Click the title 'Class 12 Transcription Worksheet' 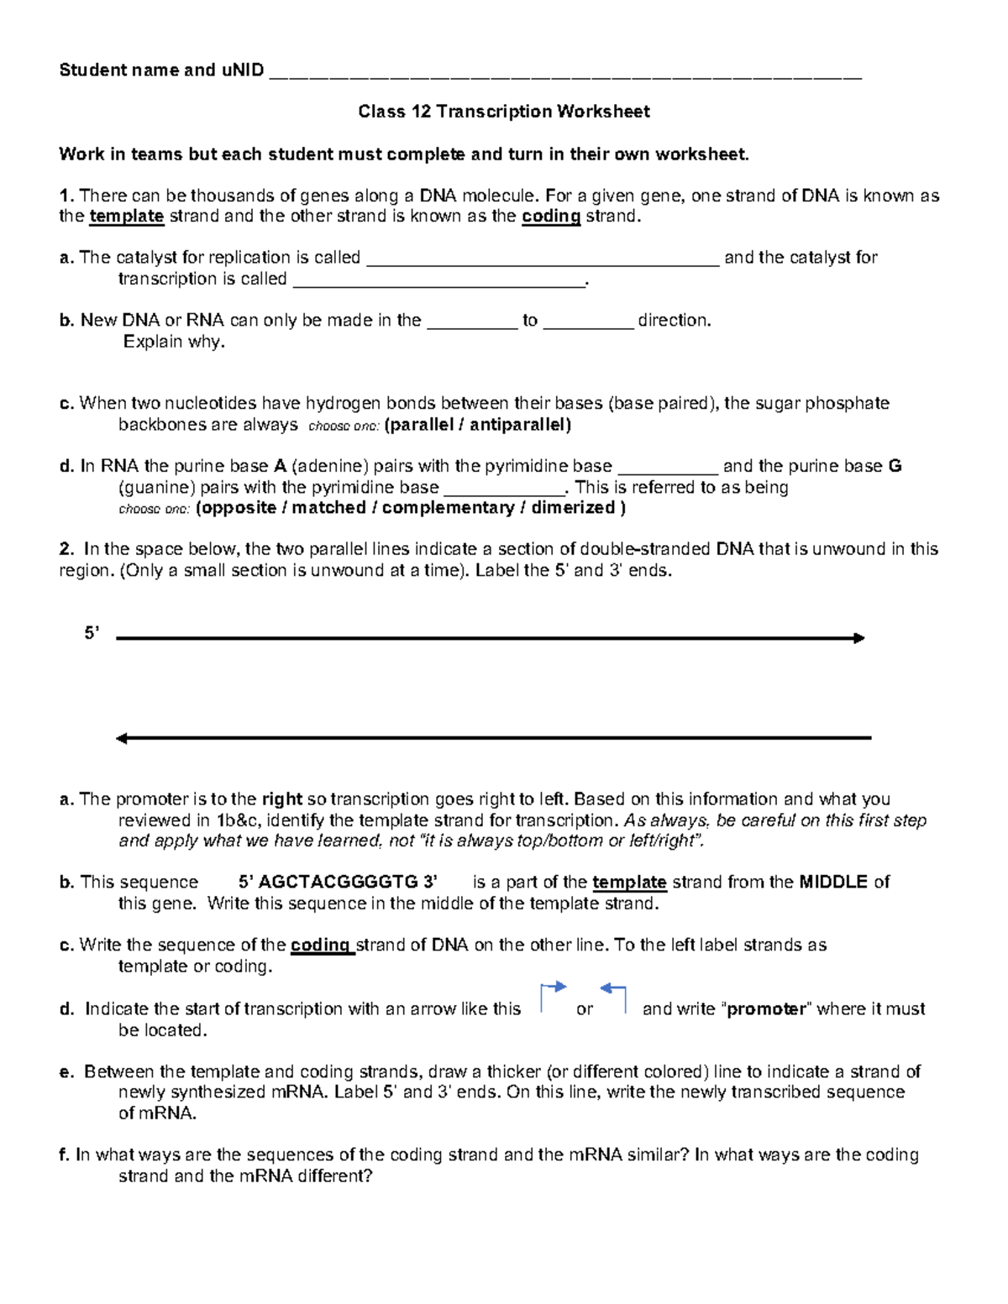(503, 112)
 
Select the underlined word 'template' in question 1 (126, 217)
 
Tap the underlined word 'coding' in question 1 (551, 217)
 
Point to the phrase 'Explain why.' (174, 342)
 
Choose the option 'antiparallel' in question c (519, 425)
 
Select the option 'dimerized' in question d (573, 508)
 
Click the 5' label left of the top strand (92, 634)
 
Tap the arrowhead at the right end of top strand (858, 638)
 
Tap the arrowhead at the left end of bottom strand (122, 739)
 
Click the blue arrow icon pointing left (614, 997)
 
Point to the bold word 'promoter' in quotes (766, 1009)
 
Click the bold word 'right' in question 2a (281, 799)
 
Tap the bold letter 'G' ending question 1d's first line (895, 466)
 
